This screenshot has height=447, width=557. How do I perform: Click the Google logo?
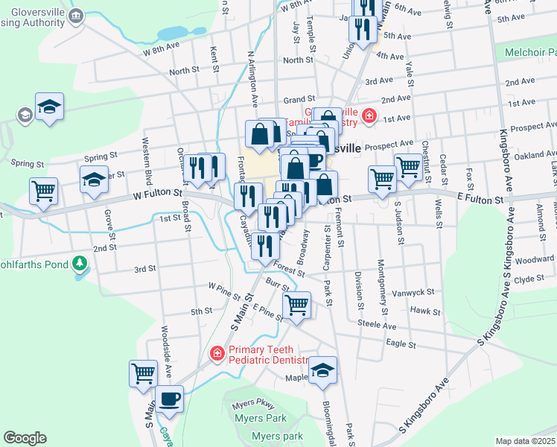coord(25,438)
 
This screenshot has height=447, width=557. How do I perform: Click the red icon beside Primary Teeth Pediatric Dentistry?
coord(217,352)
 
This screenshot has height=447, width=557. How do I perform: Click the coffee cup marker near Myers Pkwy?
coord(169,399)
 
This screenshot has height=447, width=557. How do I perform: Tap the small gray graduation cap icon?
coord(25,115)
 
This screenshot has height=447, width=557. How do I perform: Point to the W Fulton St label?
coord(158,194)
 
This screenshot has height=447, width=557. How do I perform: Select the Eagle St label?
coord(401,343)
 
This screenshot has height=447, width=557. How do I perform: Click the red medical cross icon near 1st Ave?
coord(369,116)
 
